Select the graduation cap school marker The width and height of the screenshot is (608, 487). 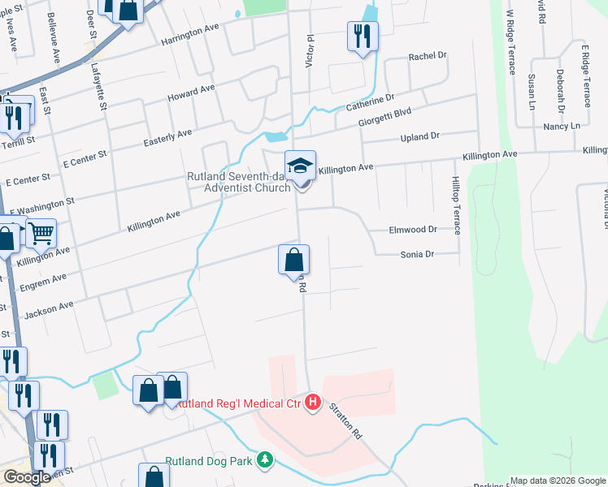click(x=300, y=166)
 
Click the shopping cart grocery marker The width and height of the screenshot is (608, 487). click(x=41, y=234)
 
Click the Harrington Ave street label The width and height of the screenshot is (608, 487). click(x=191, y=37)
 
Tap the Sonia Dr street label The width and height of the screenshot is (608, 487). click(x=418, y=254)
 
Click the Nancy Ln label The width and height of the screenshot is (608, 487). click(x=562, y=127)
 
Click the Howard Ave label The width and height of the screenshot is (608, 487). click(x=191, y=93)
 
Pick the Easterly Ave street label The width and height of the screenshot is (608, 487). click(x=167, y=137)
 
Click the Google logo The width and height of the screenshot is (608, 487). click(x=27, y=478)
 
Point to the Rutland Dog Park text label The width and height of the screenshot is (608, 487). click(x=211, y=460)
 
